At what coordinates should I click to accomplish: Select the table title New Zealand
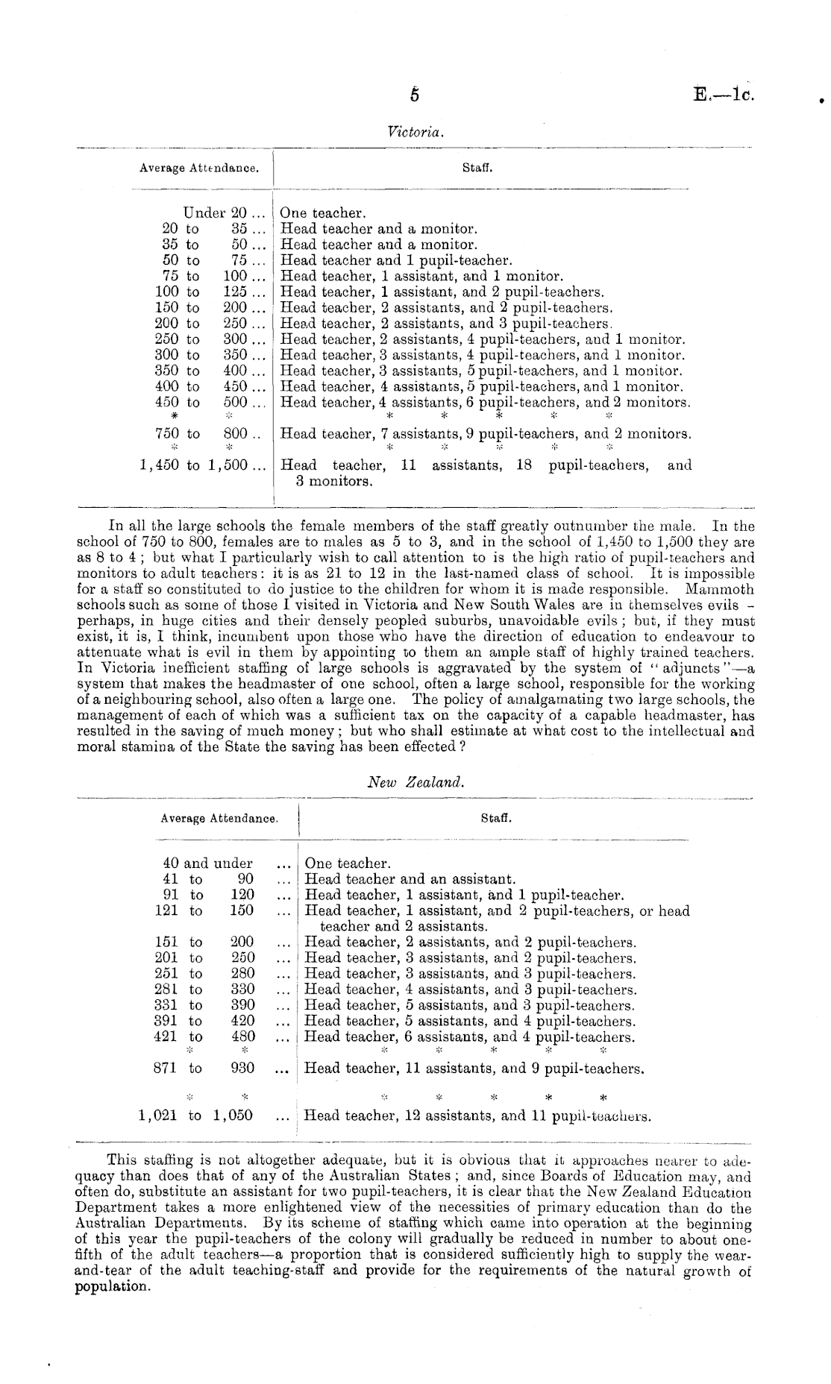[x=416, y=783]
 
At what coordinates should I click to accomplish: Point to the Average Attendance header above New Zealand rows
[x=219, y=818]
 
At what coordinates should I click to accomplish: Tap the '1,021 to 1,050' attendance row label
[x=195, y=1116]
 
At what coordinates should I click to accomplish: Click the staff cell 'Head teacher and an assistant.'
[x=410, y=879]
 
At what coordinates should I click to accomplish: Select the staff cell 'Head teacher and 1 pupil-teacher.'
[x=395, y=261]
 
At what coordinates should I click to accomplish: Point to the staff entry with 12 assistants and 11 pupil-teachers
[x=477, y=1116]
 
